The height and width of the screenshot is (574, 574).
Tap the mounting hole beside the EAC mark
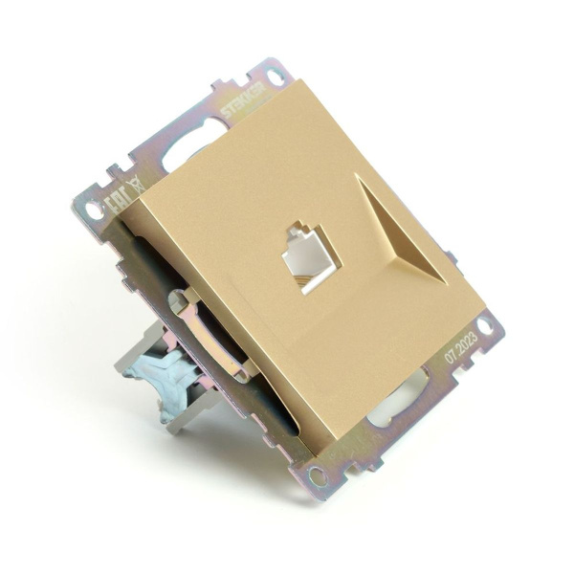(x=93, y=207)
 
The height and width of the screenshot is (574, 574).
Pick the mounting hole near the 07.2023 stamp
(x=487, y=325)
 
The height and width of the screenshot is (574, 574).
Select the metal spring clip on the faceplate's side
(x=207, y=330)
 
